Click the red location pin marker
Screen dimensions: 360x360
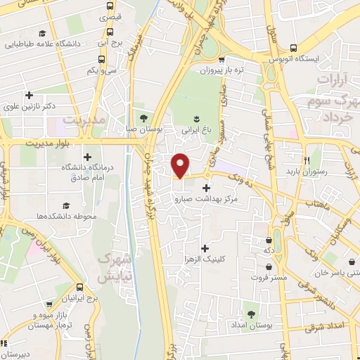pyautogui.click(x=181, y=165)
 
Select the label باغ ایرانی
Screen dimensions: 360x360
pyautogui.click(x=196, y=129)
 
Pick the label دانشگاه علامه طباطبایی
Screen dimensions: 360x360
pyautogui.click(x=43, y=44)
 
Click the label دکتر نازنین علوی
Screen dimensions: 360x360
pyautogui.click(x=30, y=107)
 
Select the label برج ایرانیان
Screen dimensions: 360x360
pyautogui.click(x=79, y=299)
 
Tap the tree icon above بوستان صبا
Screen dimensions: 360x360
pyautogui.click(x=143, y=117)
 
